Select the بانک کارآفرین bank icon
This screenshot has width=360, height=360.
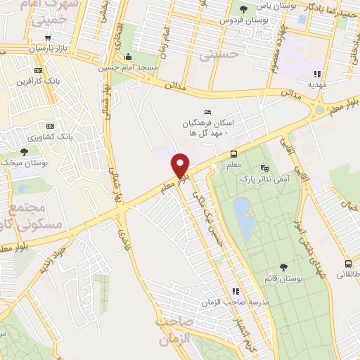(38, 70)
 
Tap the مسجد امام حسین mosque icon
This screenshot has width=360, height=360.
(128, 58)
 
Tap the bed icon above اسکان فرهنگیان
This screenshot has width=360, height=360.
(206, 112)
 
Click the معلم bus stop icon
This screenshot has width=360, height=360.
(233, 155)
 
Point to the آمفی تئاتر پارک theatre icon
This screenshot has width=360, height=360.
(264, 169)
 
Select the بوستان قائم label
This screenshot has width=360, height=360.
(283, 278)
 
